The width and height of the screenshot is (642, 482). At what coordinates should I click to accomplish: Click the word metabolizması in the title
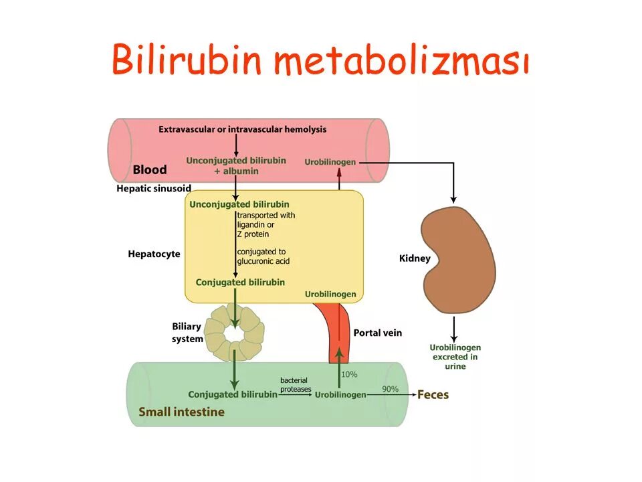coord(401,61)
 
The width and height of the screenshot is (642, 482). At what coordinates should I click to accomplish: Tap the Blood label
coord(149,170)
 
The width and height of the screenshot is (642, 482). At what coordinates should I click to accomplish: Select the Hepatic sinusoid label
coord(154,189)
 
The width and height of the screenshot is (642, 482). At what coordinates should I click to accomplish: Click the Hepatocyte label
coord(154,254)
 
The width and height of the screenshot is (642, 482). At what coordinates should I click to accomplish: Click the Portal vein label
coord(378,333)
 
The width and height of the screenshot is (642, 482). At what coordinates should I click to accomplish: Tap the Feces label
coord(433,394)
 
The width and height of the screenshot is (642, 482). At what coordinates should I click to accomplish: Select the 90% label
coord(390,389)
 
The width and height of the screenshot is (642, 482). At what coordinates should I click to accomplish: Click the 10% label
coord(349,375)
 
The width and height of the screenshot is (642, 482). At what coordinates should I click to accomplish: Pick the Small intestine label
coord(181,412)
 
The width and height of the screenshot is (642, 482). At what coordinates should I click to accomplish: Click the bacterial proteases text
coord(295,384)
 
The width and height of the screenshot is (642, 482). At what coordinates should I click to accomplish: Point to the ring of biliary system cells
coord(234,331)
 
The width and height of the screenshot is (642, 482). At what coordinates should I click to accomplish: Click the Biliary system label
coord(187,333)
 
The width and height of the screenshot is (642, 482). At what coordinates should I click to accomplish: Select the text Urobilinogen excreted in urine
coord(455,357)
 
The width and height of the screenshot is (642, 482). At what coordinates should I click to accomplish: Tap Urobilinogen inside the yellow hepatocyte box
coord(330,295)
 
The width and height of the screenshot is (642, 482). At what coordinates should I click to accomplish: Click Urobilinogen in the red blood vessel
coord(330,162)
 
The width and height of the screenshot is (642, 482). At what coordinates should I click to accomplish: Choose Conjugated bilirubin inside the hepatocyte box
coord(240,283)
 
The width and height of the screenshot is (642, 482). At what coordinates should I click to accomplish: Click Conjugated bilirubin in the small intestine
coord(232,395)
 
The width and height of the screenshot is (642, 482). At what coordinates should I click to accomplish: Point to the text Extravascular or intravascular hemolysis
coord(243,129)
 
